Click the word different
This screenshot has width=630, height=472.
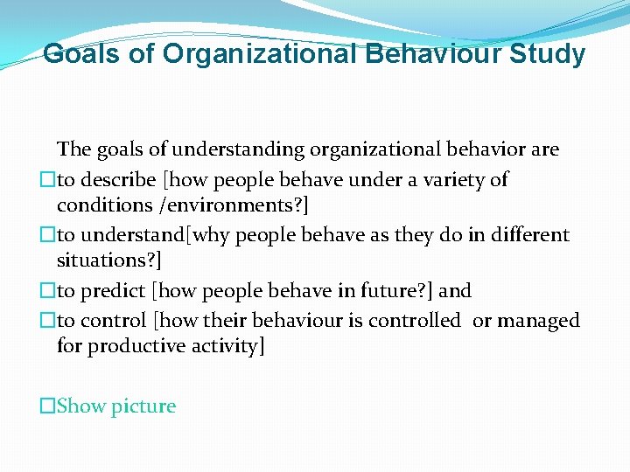click(x=522, y=235)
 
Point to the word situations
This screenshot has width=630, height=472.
click(x=101, y=260)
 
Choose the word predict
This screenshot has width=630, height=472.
click(x=115, y=290)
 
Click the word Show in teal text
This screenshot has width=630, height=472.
click(x=82, y=406)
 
